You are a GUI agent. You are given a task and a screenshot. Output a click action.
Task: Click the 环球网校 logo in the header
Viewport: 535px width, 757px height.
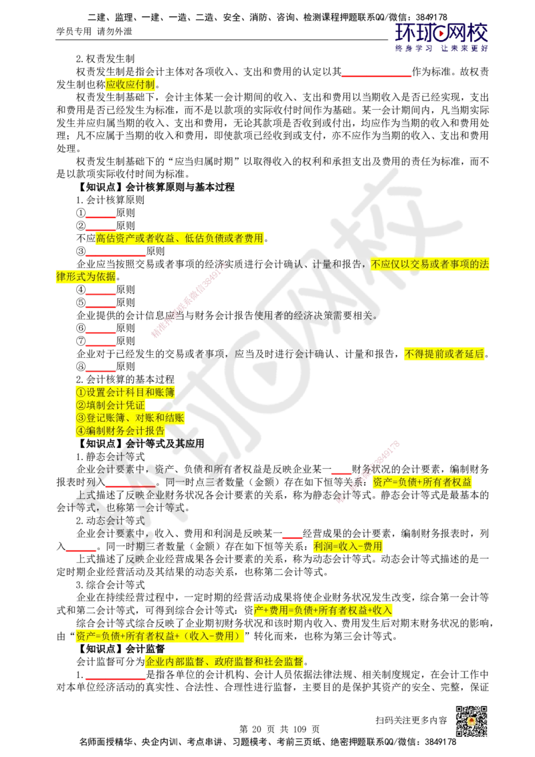click(441, 37)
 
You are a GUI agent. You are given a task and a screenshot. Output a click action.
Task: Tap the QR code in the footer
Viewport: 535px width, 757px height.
click(471, 721)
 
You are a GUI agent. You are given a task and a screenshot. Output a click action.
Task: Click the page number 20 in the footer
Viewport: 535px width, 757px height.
click(256, 728)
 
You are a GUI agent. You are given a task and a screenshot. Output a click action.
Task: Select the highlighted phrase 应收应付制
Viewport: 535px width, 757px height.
click(130, 84)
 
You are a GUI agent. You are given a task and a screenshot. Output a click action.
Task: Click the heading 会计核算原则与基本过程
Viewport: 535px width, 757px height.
click(180, 187)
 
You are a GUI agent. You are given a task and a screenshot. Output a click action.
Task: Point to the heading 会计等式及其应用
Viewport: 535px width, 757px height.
click(165, 443)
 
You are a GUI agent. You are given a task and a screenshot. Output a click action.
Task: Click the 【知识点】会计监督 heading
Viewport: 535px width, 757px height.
click(121, 649)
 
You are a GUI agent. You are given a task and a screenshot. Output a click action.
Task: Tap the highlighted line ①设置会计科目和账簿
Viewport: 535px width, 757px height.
click(125, 392)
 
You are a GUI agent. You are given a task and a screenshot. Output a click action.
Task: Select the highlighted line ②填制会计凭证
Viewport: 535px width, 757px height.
click(110, 405)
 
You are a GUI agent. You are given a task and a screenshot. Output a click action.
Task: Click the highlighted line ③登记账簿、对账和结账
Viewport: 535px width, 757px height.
click(130, 417)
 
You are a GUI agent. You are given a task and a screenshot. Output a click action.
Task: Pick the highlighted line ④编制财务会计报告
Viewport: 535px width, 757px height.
click(120, 431)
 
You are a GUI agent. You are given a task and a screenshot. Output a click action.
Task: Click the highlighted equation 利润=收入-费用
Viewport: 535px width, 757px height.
click(348, 546)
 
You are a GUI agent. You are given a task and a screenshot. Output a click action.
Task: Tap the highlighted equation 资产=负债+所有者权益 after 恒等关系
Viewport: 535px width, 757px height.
click(422, 481)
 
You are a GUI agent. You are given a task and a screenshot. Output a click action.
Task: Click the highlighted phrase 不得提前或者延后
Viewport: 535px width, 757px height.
click(444, 354)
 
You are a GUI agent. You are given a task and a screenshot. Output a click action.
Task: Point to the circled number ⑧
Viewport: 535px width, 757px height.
click(81, 366)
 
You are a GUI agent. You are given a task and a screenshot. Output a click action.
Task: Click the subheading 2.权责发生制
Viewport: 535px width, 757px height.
click(105, 59)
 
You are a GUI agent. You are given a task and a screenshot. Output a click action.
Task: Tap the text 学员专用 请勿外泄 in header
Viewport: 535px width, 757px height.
click(94, 31)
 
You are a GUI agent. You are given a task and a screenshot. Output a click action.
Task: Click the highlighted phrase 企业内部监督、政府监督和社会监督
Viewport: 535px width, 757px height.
click(225, 661)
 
